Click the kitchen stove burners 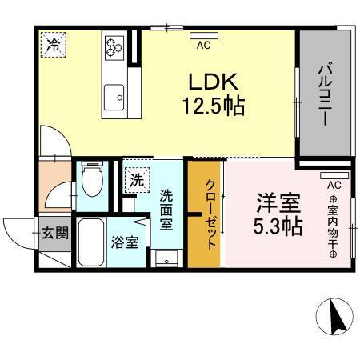pyautogui.click(x=114, y=47)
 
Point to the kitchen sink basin pyautogui.click(x=114, y=96)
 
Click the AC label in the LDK pyautogui.click(x=204, y=46)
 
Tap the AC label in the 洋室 pyautogui.click(x=334, y=185)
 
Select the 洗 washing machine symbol pyautogui.click(x=137, y=179)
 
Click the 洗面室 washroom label pyautogui.click(x=166, y=210)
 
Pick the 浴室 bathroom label pyautogui.click(x=126, y=241)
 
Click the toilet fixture pyautogui.click(x=93, y=180)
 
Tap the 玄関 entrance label pyautogui.click(x=54, y=235)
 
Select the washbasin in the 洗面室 pyautogui.click(x=167, y=258)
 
